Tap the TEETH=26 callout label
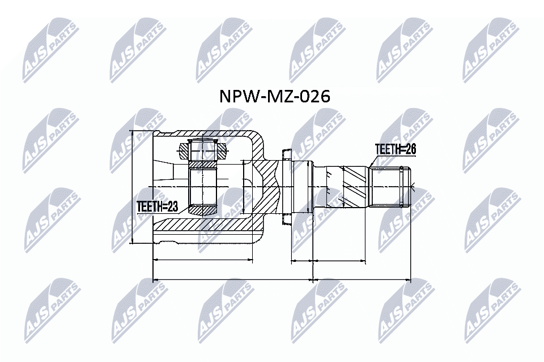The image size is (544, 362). coord(396,149)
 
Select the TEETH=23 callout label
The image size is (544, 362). coord(158,207)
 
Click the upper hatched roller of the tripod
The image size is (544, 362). coord(203,150)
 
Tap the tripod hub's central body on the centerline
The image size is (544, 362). coord(202,186)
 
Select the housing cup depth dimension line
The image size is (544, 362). coord(202,260)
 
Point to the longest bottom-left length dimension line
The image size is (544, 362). coord(232,279)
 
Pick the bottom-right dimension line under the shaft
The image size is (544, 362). coord(361,279)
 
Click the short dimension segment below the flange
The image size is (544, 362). coord(301,261)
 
